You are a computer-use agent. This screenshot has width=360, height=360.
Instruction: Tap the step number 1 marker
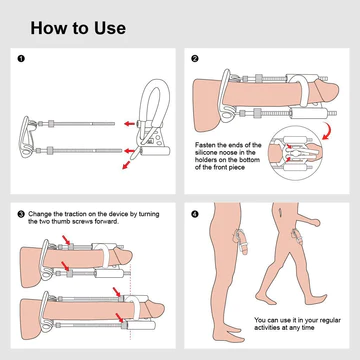pyautogui.click(x=21, y=59)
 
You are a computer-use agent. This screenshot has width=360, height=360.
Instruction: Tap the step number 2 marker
pyautogui.click(x=195, y=59)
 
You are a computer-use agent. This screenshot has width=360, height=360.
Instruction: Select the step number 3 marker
pyautogui.click(x=21, y=214)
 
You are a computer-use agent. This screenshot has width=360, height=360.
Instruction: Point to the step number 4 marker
pyautogui.click(x=195, y=214)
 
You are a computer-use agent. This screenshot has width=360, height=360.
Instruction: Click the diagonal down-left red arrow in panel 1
pyautogui.click(x=126, y=165)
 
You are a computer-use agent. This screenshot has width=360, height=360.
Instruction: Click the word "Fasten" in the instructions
pyautogui.click(x=205, y=145)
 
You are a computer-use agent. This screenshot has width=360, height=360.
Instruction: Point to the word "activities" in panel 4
pyautogui.click(x=267, y=328)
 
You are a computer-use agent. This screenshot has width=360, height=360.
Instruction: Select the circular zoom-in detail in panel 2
pyautogui.click(x=295, y=153)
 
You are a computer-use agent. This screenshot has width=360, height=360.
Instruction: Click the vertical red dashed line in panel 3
pyautogui.click(x=130, y=302)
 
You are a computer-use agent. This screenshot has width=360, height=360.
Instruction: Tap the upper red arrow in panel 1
pyautogui.click(x=129, y=124)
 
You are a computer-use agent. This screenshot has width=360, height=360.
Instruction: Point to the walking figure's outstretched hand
pyautogui.click(x=315, y=223)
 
